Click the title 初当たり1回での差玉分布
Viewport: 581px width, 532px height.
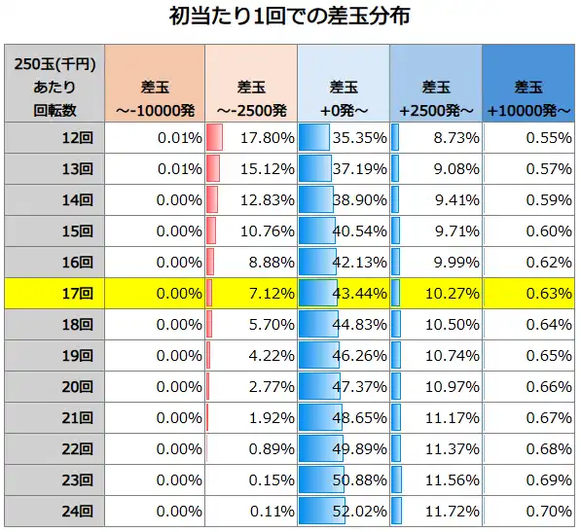[x=290, y=18]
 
